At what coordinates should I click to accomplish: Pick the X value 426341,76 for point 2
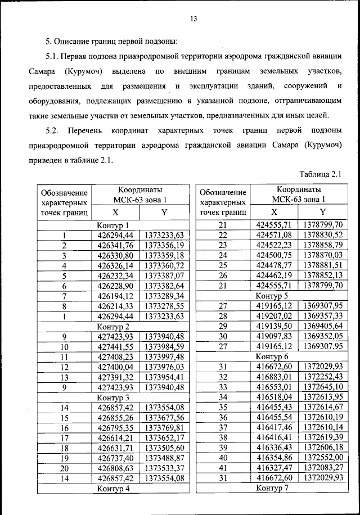pos(115,245)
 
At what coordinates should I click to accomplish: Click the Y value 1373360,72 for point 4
pos(164,265)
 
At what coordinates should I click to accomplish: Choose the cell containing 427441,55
pos(115,346)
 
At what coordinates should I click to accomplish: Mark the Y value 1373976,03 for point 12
pos(164,367)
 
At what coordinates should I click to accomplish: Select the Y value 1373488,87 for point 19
pos(164,458)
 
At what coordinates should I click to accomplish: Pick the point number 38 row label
pos(222,437)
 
